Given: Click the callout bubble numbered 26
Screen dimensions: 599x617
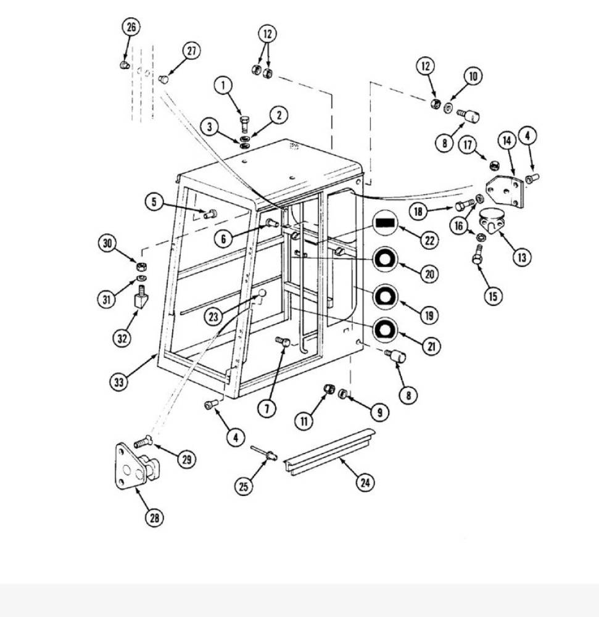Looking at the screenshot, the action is [131, 27].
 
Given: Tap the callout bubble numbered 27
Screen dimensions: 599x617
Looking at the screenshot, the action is [191, 51].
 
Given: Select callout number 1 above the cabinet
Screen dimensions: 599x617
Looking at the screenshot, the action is [223, 85].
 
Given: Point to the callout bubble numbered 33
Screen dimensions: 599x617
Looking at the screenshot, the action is [119, 381].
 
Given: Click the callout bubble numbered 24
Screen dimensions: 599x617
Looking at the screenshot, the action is [365, 482].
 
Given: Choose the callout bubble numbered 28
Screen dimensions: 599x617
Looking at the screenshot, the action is [155, 518].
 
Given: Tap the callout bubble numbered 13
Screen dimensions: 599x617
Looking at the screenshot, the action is [521, 257].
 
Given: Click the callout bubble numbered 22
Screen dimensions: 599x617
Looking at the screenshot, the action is [429, 239].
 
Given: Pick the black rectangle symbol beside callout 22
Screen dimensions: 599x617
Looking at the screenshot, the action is [386, 223].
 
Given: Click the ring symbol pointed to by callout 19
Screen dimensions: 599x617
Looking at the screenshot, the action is [386, 297].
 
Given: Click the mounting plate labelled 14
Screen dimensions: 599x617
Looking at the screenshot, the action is [505, 191].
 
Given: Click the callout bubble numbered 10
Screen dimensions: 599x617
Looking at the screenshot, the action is [473, 76].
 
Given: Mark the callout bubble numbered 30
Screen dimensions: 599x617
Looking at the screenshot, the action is [107, 243].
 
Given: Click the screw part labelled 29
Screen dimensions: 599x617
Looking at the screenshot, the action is [143, 442].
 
